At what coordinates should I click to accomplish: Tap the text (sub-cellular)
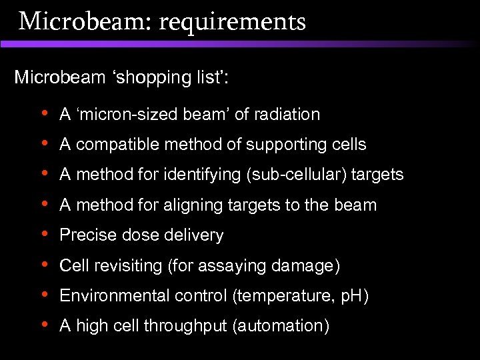click(291, 175)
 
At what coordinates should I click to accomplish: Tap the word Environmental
click(114, 296)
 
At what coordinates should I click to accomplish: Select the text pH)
click(353, 296)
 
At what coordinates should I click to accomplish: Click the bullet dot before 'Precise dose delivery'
click(44, 235)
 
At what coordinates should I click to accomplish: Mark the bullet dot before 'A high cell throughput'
click(44, 325)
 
